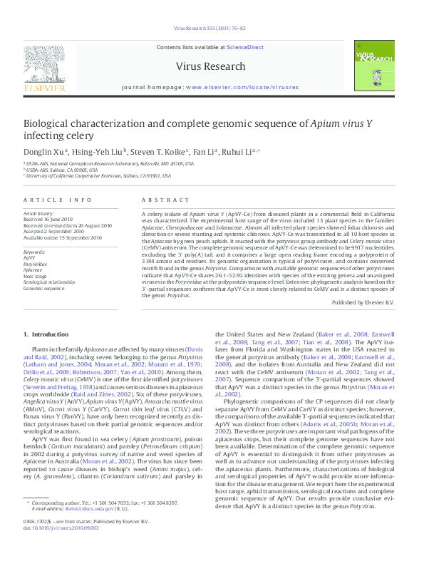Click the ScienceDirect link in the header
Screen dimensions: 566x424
click(x=244, y=47)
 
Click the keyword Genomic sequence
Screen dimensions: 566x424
click(x=43, y=288)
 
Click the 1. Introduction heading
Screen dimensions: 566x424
click(x=46, y=334)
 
